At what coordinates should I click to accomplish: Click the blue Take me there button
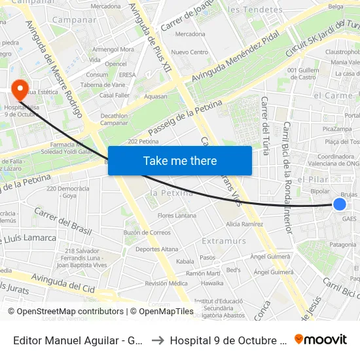(179, 160)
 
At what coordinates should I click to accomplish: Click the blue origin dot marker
(339, 204)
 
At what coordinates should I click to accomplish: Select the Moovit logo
(321, 339)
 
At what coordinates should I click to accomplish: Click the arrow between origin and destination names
(157, 340)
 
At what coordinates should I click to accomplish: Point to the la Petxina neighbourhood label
(172, 192)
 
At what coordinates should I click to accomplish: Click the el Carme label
(333, 95)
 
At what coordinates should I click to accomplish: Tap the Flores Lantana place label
(177, 215)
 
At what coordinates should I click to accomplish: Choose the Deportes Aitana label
(156, 249)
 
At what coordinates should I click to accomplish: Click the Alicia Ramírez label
(244, 224)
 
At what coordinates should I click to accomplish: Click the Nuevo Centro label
(189, 52)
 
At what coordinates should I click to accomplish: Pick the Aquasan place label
(156, 96)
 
